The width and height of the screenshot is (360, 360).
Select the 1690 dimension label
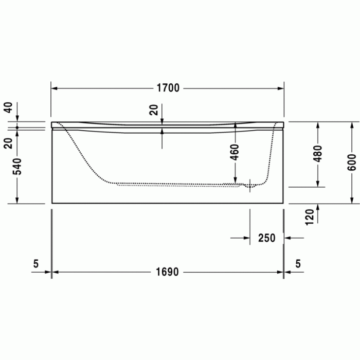click(x=168, y=272)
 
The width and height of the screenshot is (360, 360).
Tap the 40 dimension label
click(x=8, y=107)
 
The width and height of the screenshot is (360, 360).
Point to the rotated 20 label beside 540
click(x=8, y=142)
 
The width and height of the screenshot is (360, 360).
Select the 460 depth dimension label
click(x=235, y=152)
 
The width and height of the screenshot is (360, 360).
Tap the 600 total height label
click(x=352, y=162)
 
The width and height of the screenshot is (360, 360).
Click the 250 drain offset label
click(x=266, y=238)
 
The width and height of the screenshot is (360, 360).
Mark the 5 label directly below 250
click(x=298, y=264)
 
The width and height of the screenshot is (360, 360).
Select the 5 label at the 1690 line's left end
click(x=35, y=264)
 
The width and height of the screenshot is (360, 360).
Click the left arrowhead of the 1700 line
click(x=54, y=88)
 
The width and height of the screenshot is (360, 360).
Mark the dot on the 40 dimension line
click(x=17, y=127)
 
